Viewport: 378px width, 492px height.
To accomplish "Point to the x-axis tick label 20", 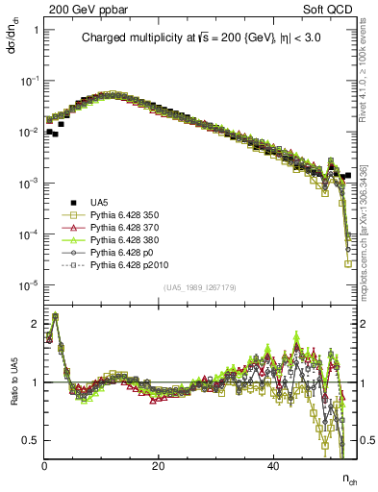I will pos(158,464).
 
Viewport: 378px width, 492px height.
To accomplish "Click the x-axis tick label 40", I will pos(272,464).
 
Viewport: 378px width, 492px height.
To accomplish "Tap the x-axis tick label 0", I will pos(44,464).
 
